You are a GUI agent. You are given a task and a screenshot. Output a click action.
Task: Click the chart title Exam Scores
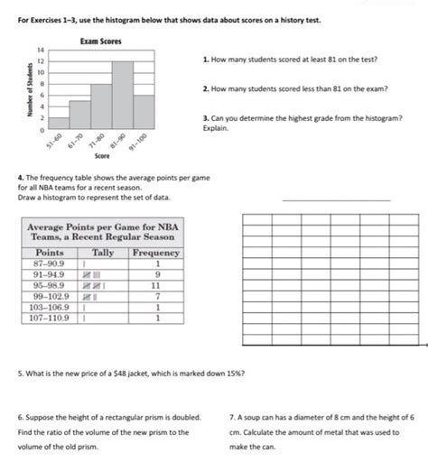pos(101,42)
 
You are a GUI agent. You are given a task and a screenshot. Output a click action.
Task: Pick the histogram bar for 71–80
pos(100,106)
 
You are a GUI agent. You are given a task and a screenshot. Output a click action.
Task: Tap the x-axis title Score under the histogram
pos(102,155)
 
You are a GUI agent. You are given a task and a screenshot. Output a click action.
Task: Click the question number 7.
pos(233,418)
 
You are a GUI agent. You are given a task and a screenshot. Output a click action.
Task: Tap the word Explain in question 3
pos(216,128)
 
